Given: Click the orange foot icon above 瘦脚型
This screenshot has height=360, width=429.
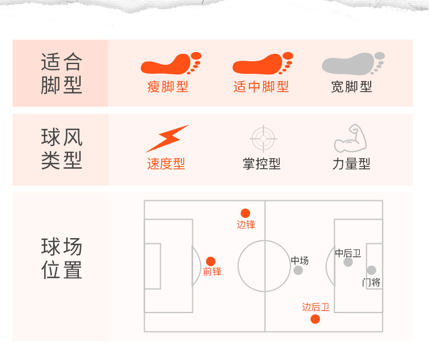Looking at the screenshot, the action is click(x=170, y=64).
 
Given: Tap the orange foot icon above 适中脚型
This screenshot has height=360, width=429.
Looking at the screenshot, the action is click(x=261, y=64).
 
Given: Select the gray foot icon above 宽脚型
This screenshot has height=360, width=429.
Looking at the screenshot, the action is click(x=352, y=64).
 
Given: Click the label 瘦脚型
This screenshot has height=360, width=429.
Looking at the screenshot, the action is click(x=168, y=87).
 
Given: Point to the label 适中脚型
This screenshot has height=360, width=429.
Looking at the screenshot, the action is click(x=261, y=87).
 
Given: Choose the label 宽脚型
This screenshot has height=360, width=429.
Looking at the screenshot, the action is click(x=352, y=87).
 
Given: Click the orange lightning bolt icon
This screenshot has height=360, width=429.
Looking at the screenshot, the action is click(x=167, y=138).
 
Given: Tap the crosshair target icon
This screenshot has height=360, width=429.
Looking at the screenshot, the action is click(x=264, y=138).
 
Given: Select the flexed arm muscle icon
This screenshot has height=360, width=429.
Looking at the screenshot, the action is click(x=350, y=138).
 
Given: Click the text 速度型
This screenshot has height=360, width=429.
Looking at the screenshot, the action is click(x=166, y=164).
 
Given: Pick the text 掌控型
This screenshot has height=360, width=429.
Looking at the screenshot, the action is click(x=261, y=164).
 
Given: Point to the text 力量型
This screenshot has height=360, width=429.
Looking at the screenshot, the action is click(x=351, y=164).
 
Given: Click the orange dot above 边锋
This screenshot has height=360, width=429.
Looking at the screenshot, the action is click(x=245, y=213).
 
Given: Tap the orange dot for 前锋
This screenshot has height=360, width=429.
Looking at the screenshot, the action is click(x=210, y=261).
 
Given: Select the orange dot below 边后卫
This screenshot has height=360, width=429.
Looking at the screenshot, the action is click(x=315, y=319).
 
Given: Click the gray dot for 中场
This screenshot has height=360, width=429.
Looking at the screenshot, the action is click(x=298, y=270).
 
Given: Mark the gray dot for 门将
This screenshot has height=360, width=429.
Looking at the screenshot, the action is click(x=371, y=270).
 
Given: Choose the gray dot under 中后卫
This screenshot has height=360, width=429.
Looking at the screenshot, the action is click(x=348, y=262).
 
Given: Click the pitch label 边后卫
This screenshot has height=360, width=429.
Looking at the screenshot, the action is click(x=316, y=307).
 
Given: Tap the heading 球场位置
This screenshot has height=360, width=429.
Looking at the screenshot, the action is click(x=62, y=259).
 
